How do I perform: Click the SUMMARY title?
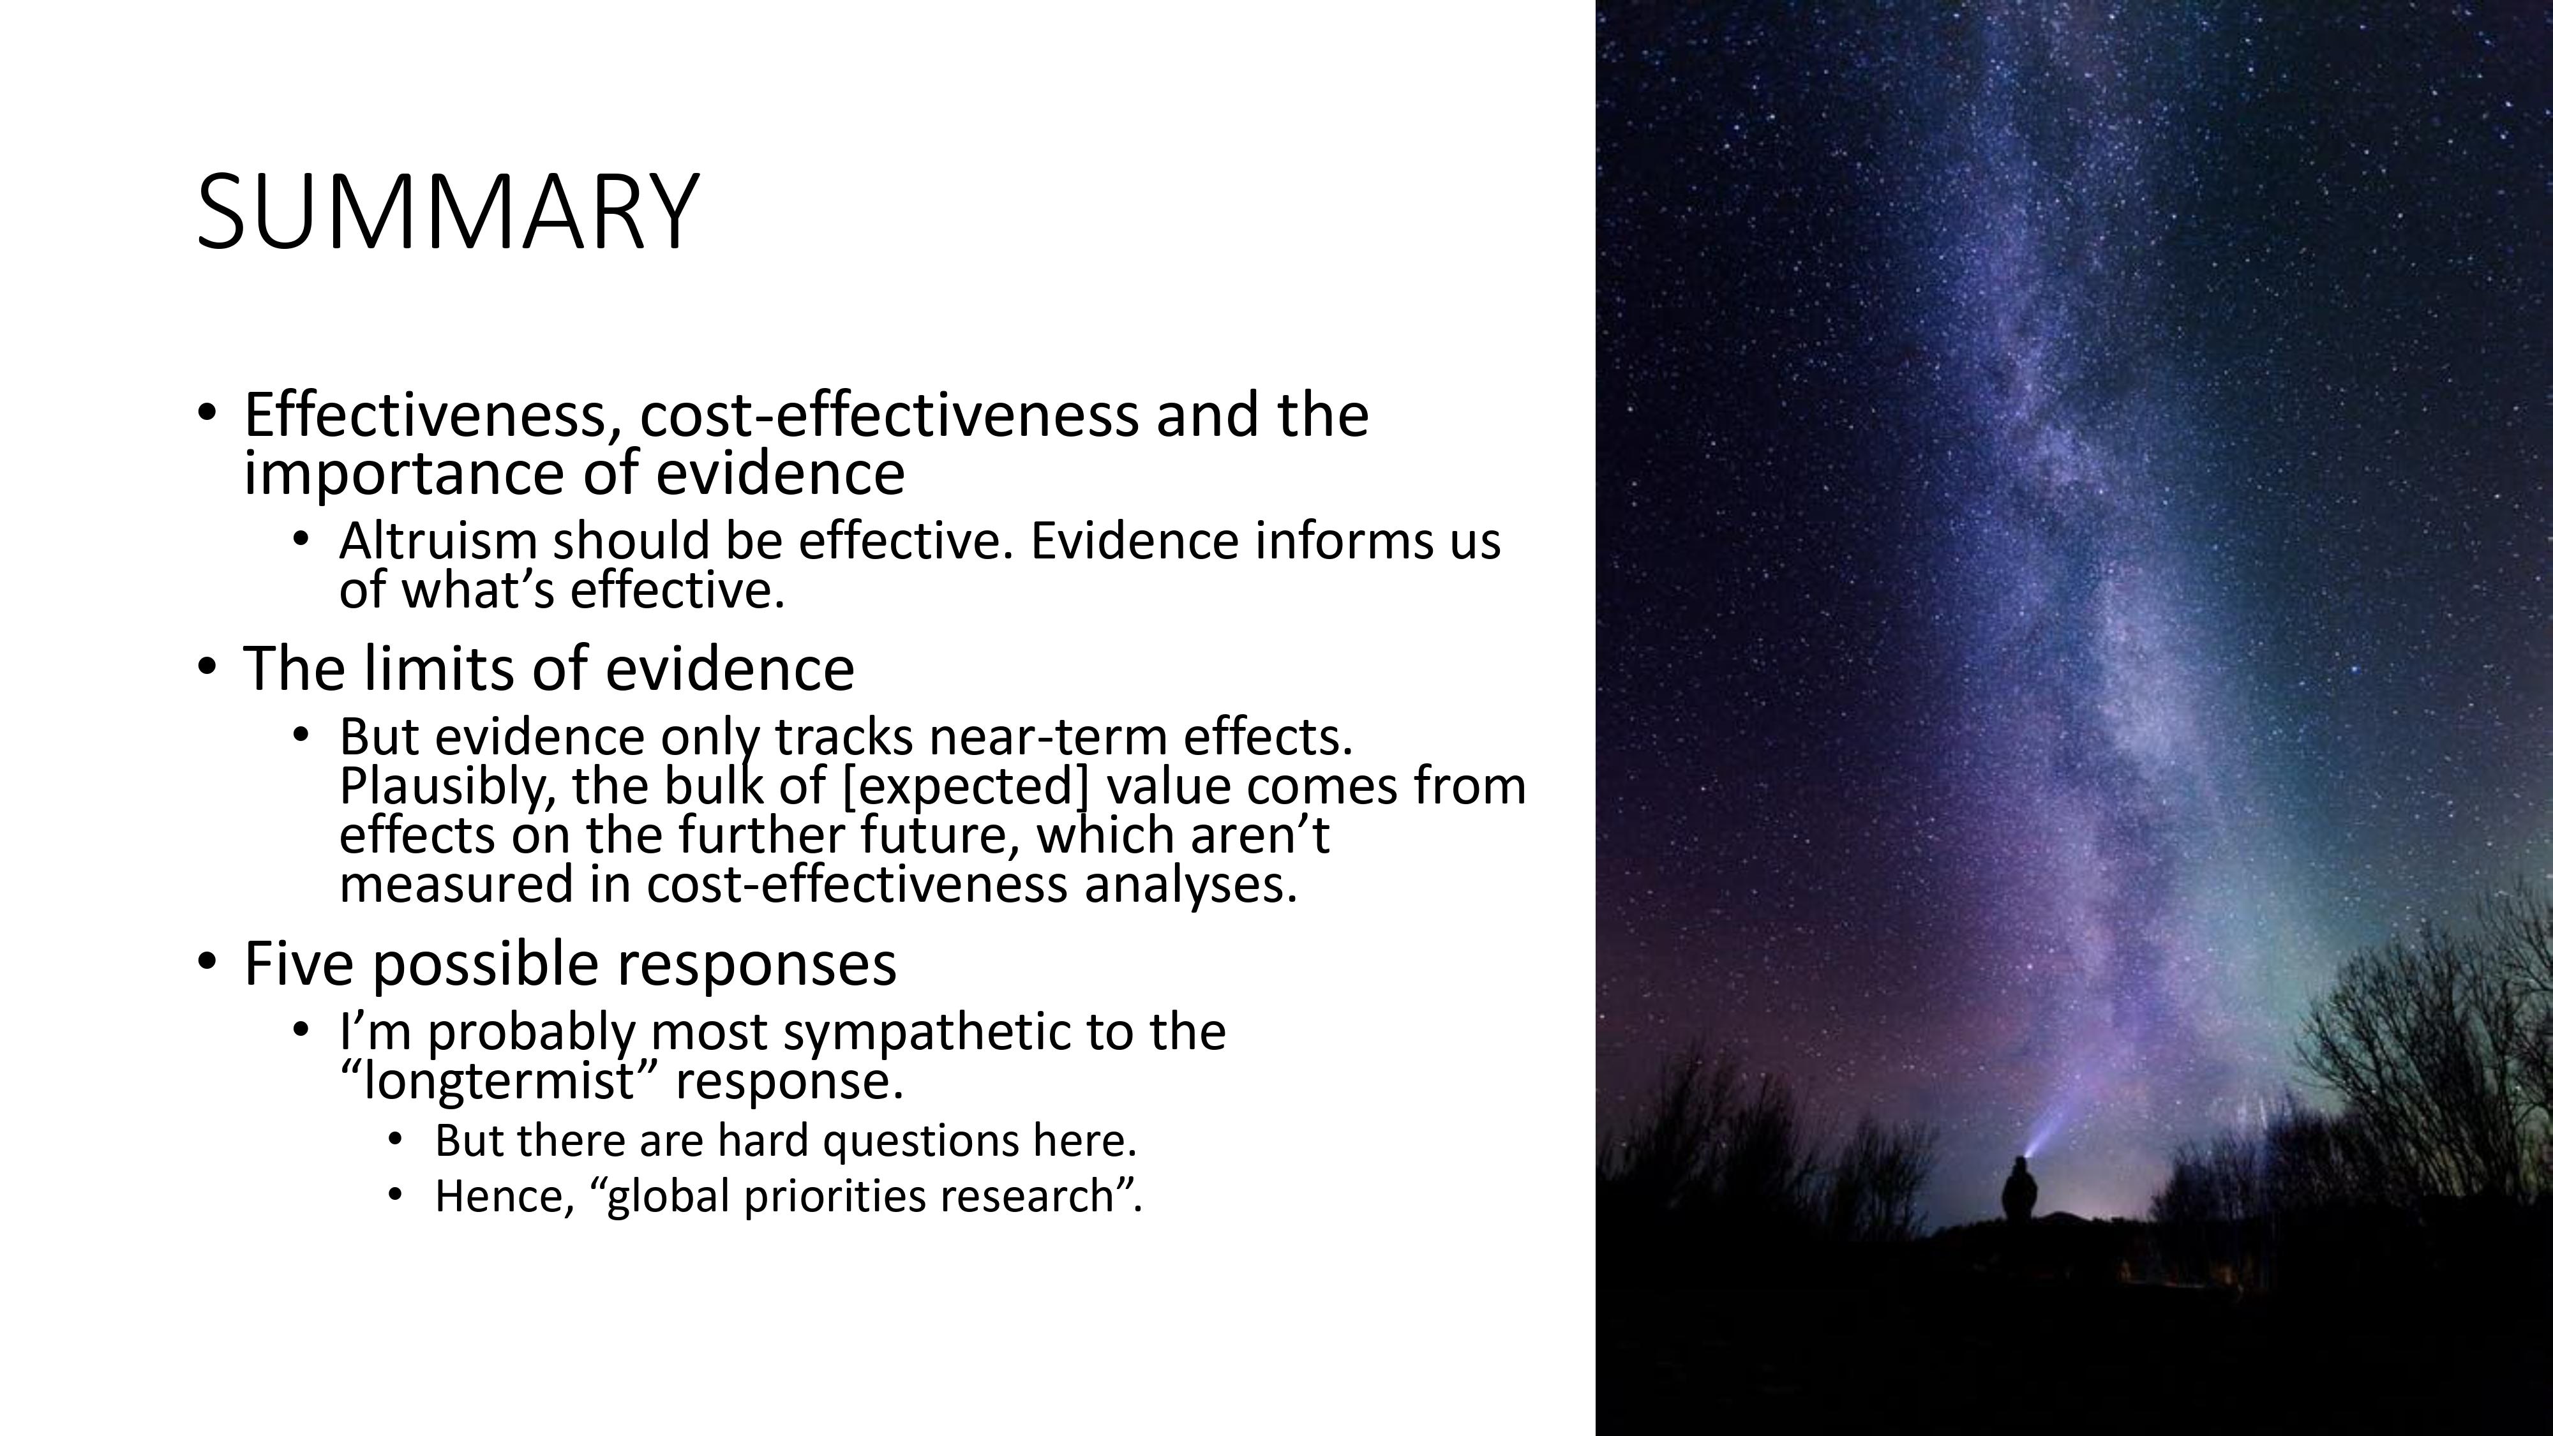coord(448,212)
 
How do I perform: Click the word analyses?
coord(1190,884)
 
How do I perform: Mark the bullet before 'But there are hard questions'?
coord(396,1140)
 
